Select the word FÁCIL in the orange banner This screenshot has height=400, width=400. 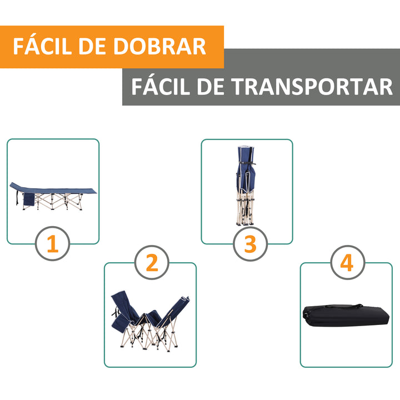[x=44, y=47]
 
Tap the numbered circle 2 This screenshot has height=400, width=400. [x=152, y=262]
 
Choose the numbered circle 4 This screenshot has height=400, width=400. [x=347, y=262]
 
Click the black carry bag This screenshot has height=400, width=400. [x=346, y=318]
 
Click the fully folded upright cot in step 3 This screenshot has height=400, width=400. [x=244, y=183]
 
